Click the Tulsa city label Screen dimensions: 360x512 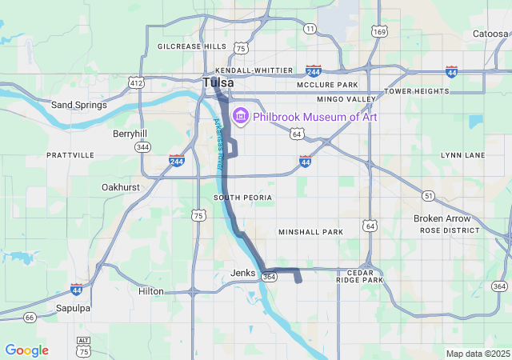[218, 83]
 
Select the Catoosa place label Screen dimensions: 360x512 [490, 34]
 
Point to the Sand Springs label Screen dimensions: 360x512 [74, 105]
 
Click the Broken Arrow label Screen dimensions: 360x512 [442, 218]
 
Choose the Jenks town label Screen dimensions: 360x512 [242, 273]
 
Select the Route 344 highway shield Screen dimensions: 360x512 [143, 147]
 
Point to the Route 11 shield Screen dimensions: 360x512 [310, 29]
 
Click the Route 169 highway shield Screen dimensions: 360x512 [380, 32]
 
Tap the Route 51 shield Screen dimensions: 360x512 [429, 196]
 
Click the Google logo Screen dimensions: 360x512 [26, 350]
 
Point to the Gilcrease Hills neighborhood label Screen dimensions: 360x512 [192, 46]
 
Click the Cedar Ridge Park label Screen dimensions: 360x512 [360, 276]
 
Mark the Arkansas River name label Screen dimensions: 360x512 [218, 143]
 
